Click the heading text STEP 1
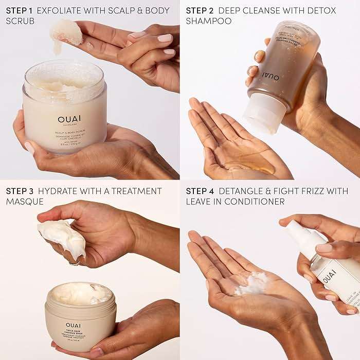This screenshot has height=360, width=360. pyautogui.click(x=20, y=10)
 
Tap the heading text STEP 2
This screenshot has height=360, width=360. pyautogui.click(x=200, y=10)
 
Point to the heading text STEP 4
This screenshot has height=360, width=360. pyautogui.click(x=200, y=191)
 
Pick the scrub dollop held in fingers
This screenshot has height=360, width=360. pyautogui.click(x=65, y=32)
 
